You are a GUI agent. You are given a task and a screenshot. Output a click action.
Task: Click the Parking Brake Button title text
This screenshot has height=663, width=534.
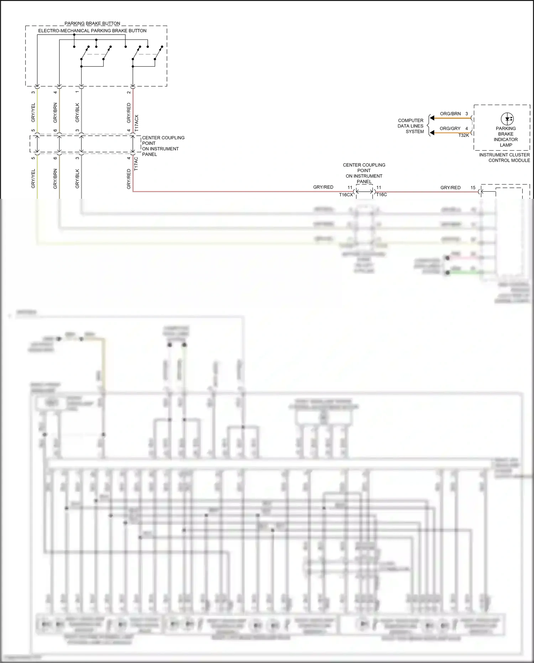(x=92, y=24)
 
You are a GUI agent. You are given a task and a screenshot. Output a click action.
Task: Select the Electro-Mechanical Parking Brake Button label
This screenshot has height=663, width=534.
(x=92, y=31)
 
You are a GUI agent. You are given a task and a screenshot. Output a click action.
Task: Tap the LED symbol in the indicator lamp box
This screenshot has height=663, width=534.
(x=507, y=119)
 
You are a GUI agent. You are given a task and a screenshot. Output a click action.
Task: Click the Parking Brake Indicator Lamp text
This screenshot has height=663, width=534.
(x=506, y=137)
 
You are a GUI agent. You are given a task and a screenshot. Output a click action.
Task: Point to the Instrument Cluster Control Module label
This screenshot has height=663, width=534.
(x=504, y=157)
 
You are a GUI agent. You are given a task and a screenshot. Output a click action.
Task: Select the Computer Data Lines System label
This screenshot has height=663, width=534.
(x=411, y=126)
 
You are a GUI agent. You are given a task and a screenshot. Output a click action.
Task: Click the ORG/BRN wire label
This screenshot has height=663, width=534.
(x=450, y=114)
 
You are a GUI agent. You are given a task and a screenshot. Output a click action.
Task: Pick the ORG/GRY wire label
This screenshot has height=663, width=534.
(x=450, y=128)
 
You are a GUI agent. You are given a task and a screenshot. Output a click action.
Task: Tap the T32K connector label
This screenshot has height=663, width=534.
(x=464, y=135)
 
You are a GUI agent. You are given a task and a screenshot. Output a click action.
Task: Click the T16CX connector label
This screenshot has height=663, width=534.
(x=346, y=195)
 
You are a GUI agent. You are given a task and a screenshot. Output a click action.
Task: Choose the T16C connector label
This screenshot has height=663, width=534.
(x=382, y=195)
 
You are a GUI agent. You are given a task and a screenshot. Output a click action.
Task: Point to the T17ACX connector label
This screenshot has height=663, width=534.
(x=137, y=123)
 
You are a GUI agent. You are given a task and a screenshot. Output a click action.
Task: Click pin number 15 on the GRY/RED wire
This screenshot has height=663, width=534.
(x=473, y=187)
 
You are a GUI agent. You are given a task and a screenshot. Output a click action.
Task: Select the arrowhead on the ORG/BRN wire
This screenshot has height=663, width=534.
(x=432, y=118)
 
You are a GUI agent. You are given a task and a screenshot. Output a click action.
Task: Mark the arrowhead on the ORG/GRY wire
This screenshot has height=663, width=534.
(x=432, y=133)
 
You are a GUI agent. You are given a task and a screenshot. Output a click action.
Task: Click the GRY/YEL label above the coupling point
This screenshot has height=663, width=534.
(x=33, y=113)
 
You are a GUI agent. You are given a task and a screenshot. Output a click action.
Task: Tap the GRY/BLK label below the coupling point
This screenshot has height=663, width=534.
(x=78, y=178)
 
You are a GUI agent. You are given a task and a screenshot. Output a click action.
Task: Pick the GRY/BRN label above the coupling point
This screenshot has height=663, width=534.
(x=55, y=113)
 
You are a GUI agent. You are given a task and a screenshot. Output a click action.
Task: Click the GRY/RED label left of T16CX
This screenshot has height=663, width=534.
(x=323, y=187)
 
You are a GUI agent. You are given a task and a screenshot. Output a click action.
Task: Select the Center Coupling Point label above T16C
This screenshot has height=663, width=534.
(x=364, y=173)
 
